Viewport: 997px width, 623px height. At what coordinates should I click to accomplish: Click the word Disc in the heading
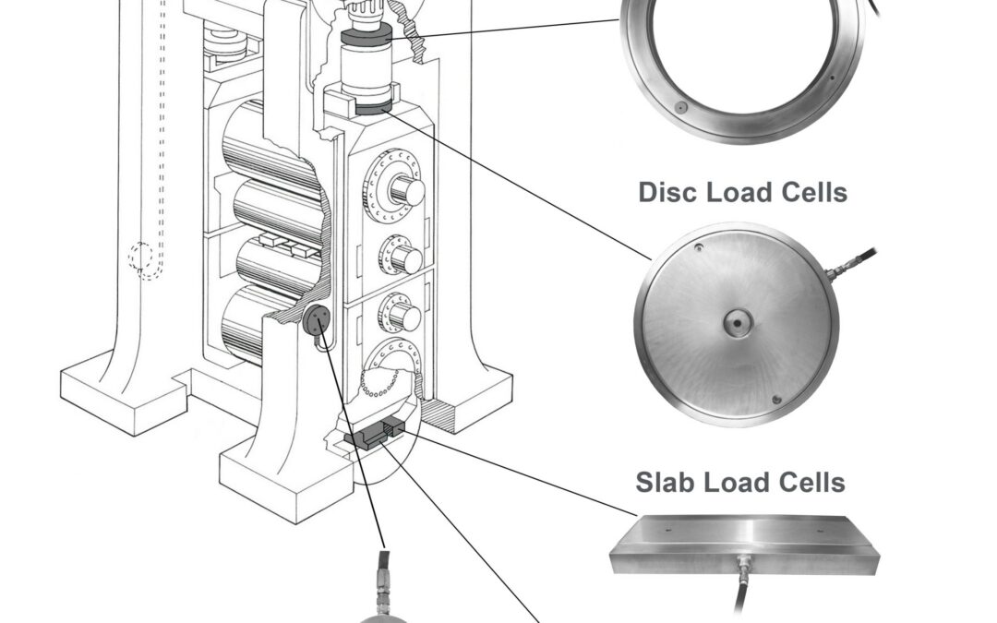coord(667,192)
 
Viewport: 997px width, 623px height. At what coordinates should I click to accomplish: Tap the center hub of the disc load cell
coord(738,323)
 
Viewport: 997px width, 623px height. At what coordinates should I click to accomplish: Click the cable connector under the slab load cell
coord(742,566)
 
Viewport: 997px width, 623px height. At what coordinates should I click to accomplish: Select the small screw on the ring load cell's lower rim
coord(681,107)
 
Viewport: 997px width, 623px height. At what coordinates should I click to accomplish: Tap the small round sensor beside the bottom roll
coord(317,319)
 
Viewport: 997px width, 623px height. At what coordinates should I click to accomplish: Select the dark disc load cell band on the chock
coord(373,107)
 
